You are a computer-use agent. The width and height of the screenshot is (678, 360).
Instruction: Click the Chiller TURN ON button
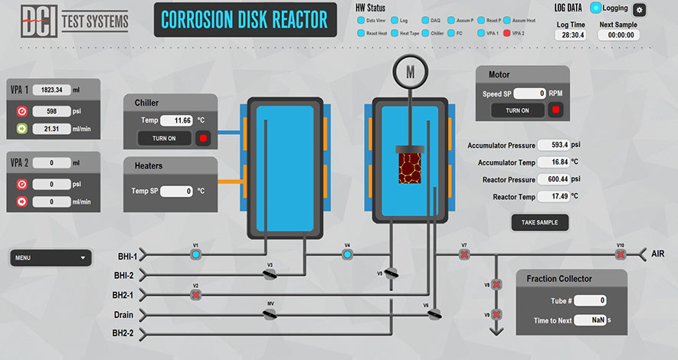tap(164, 139)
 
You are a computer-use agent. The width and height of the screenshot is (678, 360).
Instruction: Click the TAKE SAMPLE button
tap(540, 222)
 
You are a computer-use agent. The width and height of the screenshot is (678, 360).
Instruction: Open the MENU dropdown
tap(51, 258)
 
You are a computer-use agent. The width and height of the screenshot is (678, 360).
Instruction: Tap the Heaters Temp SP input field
tap(176, 191)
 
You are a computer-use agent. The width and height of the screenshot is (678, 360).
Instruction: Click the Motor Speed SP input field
tap(529, 93)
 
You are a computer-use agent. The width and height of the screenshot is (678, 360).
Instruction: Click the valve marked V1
tap(195, 254)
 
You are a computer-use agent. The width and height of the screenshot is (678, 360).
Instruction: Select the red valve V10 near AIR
tap(621, 254)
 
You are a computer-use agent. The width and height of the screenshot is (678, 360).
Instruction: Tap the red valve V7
tap(464, 254)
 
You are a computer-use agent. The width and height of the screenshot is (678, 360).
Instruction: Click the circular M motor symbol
tap(410, 74)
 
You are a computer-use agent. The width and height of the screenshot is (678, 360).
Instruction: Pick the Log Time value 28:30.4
tap(571, 34)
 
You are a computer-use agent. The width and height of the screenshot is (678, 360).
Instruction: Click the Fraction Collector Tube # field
tap(591, 300)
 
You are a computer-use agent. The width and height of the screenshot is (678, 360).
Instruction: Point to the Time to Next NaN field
tap(590, 320)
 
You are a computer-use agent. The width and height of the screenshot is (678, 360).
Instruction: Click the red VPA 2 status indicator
tap(506, 34)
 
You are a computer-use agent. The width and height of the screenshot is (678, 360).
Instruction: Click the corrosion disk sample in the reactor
tap(411, 168)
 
